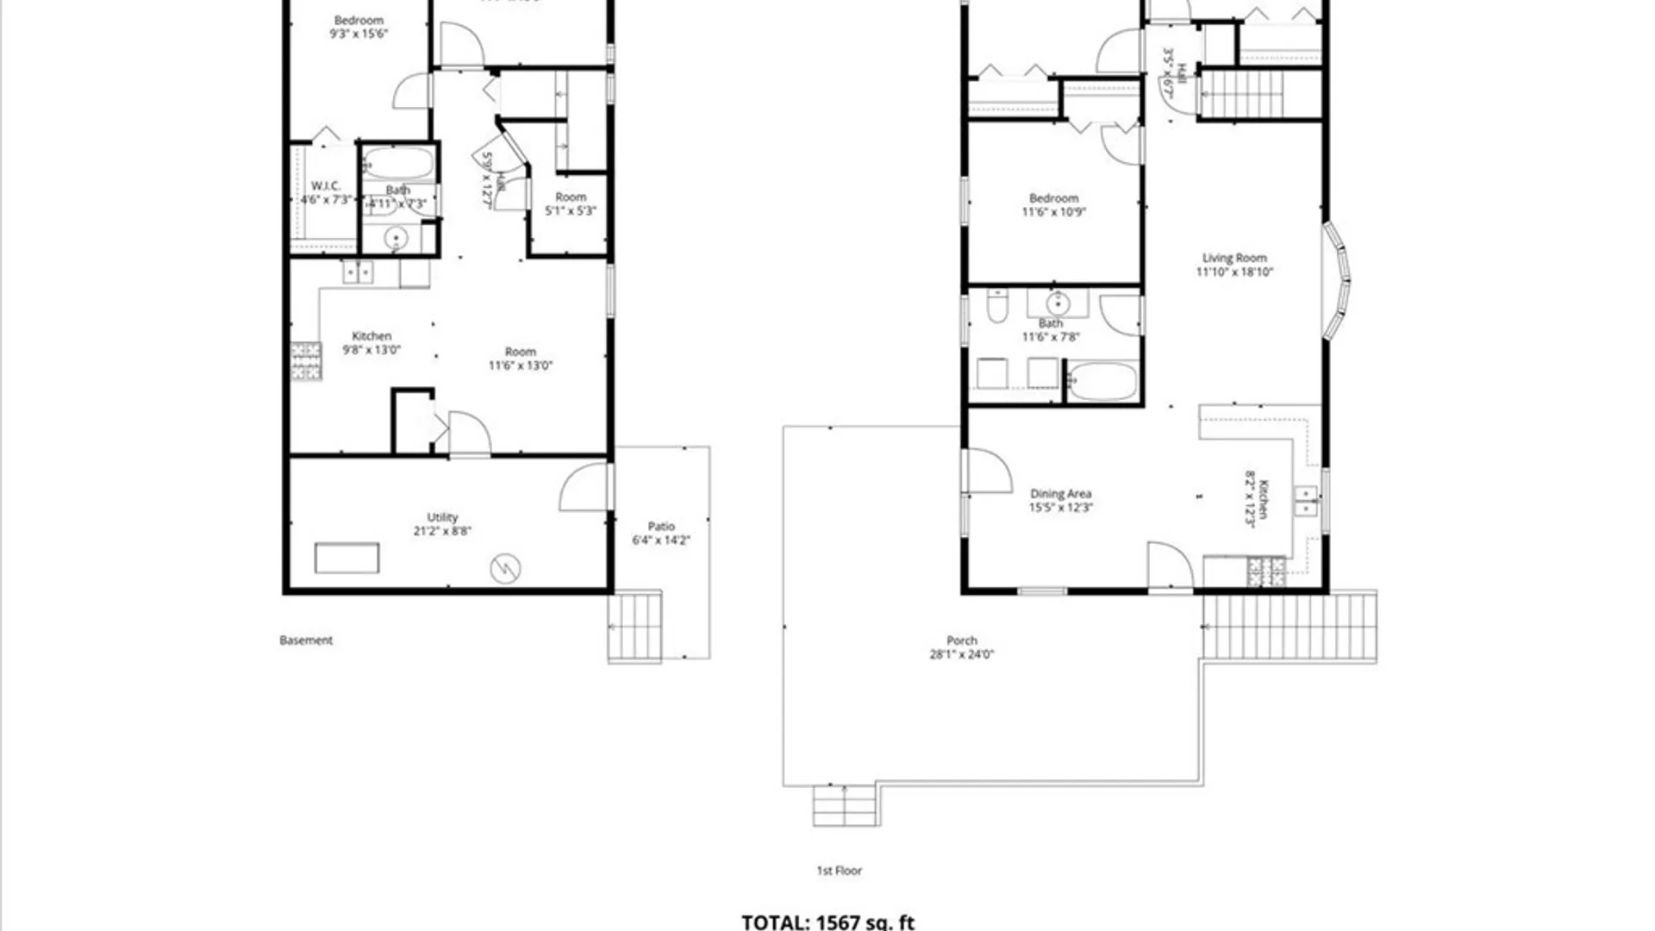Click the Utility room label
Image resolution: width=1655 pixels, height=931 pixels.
coord(442,517)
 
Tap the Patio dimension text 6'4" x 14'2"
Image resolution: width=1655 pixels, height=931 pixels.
coord(661,540)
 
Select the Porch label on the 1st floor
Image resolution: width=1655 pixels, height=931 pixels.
coord(962,640)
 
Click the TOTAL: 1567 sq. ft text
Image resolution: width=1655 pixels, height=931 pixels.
coord(827,922)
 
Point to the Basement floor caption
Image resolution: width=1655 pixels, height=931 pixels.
coord(306,640)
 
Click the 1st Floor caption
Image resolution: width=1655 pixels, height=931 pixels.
coord(839,871)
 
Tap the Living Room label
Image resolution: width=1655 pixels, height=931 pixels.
coord(1234,258)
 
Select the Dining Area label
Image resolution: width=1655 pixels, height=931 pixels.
coord(1060,494)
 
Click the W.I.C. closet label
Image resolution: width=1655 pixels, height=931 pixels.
coord(326,186)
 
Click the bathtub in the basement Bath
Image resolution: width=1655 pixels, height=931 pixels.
coord(398,163)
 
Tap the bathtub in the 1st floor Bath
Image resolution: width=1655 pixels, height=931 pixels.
coord(1102,381)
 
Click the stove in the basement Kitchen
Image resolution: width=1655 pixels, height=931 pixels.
coord(306,361)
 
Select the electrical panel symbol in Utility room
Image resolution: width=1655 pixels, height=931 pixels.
coord(505,568)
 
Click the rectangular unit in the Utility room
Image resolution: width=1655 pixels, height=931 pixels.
coord(347,558)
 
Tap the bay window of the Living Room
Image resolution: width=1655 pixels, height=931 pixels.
coord(1337,280)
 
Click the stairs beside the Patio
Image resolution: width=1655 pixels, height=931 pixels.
coord(635,627)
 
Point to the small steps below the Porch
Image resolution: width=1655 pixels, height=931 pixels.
coord(845,807)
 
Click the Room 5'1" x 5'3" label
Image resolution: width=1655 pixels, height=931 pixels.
coord(570,197)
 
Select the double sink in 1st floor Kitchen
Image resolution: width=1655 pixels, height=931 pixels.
coord(1306,501)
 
